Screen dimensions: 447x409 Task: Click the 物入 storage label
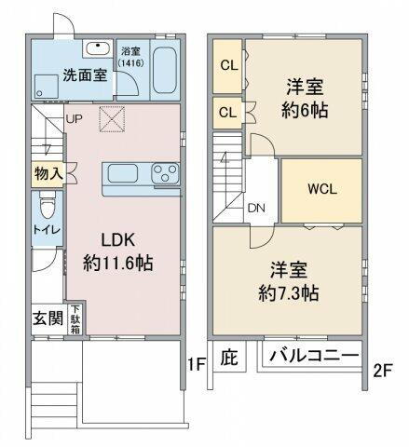tap(48, 172)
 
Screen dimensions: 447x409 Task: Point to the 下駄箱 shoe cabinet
tap(75, 319)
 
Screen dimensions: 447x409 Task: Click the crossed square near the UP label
tap(111, 119)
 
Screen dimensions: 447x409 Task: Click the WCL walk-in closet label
tap(322, 186)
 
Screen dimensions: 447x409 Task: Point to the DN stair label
tap(256, 208)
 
